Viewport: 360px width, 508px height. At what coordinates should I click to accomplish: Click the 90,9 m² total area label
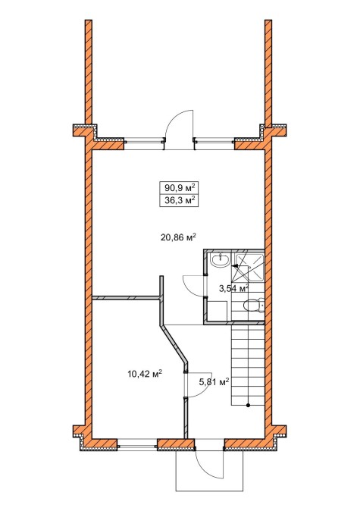click(x=180, y=188)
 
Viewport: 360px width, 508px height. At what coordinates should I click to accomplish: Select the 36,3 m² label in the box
click(x=180, y=200)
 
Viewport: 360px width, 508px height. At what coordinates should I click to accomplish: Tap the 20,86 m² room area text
click(x=179, y=237)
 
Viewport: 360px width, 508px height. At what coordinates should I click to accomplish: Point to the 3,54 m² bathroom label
click(x=233, y=287)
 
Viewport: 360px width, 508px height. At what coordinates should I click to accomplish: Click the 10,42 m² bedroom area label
click(x=145, y=374)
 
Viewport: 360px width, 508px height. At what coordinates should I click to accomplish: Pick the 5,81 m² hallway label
click(x=214, y=382)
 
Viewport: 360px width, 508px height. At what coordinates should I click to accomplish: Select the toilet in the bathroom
click(x=253, y=306)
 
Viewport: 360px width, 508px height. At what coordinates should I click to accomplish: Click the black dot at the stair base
click(x=248, y=405)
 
